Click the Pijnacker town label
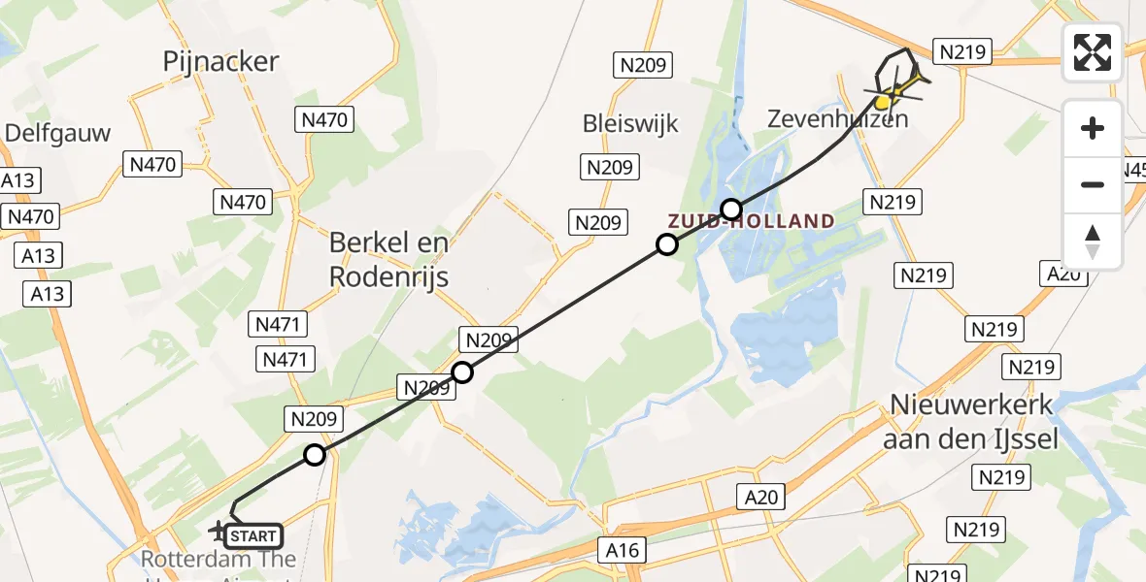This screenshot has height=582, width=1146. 220,62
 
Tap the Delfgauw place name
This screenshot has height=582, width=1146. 58,133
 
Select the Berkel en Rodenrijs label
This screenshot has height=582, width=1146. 388,259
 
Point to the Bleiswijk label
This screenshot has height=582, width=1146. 630,124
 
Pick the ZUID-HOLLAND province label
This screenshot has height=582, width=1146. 751,221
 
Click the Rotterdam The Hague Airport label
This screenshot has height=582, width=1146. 219,561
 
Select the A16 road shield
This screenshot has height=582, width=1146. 622,550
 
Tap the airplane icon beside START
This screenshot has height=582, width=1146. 219,531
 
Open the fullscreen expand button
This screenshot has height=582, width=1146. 1093,52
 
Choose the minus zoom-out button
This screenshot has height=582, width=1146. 1093,184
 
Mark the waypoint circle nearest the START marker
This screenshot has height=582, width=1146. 315,455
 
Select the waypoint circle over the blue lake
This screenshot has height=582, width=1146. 731,210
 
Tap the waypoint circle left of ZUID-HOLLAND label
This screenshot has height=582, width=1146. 666,244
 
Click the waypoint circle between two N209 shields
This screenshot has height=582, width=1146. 462,372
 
